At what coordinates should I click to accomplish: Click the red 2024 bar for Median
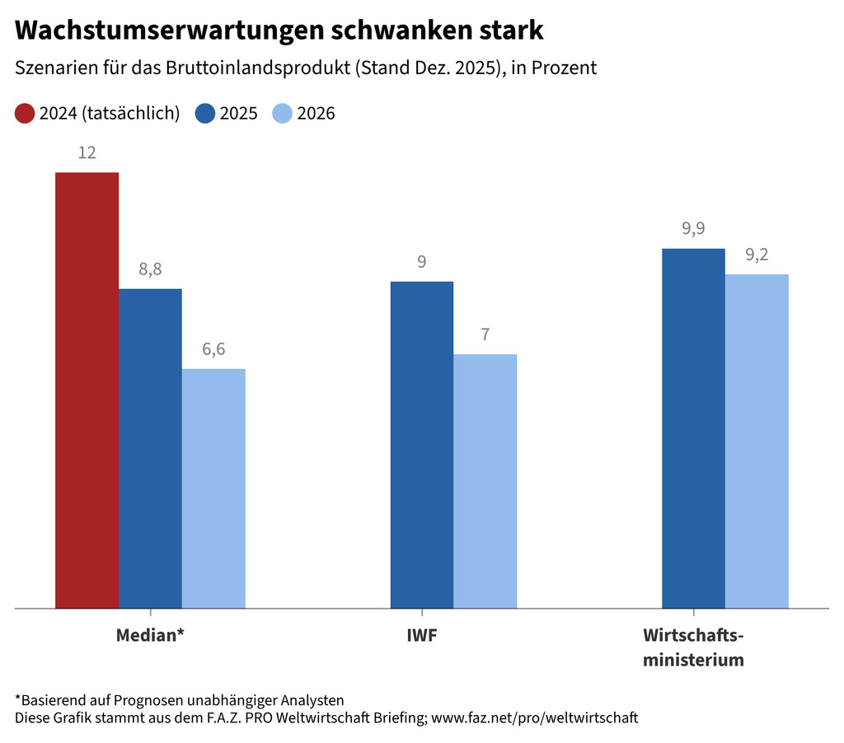pos(87,390)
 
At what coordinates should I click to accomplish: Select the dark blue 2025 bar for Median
pos(150,449)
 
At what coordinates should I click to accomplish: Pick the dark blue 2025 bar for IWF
pos(421,445)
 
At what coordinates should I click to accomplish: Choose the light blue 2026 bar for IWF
pos(485,481)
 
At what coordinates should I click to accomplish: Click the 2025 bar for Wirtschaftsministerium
pos(693,428)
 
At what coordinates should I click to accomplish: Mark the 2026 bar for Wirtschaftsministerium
pos(757,442)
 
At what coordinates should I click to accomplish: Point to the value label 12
pos(87,153)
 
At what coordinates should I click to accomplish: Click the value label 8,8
pos(150,269)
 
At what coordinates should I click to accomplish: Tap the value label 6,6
pos(213,349)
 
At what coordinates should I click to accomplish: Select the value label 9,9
pos(693,229)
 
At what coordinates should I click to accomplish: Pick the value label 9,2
pos(757,255)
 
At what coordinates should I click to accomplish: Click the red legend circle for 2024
pos(25,114)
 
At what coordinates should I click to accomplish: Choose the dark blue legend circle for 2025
pos(205,114)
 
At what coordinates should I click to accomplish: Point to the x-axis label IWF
pos(422,636)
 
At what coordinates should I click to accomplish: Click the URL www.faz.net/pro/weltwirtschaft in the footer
pos(535,717)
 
